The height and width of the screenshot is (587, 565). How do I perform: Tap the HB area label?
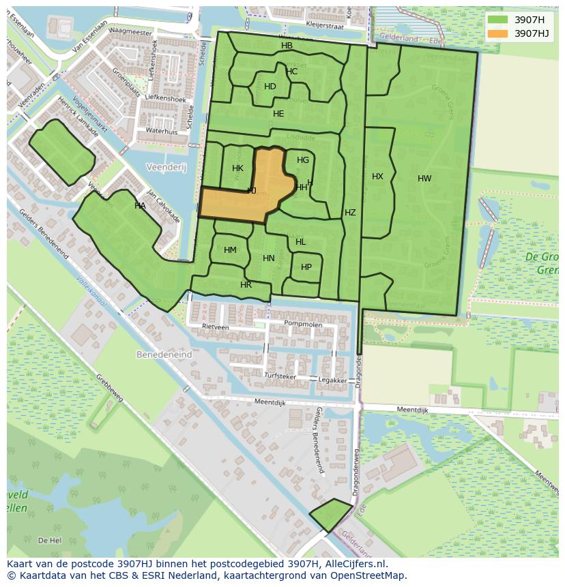click(287, 46)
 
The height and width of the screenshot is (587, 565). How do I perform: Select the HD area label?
click(270, 87)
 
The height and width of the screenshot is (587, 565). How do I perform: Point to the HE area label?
click(278, 114)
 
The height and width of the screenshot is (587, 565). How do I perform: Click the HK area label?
click(237, 168)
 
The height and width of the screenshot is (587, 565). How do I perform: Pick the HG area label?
click(303, 160)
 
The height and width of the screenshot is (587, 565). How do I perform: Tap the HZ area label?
click(350, 213)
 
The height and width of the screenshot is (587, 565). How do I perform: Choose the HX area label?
click(377, 177)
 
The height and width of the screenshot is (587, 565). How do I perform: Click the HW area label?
click(424, 179)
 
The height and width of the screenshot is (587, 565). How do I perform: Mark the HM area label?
click(230, 250)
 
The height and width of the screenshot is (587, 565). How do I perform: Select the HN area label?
click(269, 258)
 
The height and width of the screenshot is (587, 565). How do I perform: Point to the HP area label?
click(306, 267)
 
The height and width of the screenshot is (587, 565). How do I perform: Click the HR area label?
click(246, 285)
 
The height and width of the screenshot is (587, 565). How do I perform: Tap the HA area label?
click(140, 206)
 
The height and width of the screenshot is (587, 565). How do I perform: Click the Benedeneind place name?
click(164, 355)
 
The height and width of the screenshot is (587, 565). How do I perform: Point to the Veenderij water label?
click(166, 167)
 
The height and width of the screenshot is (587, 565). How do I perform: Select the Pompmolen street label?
click(303, 324)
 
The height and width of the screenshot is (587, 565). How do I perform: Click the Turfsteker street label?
click(280, 376)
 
